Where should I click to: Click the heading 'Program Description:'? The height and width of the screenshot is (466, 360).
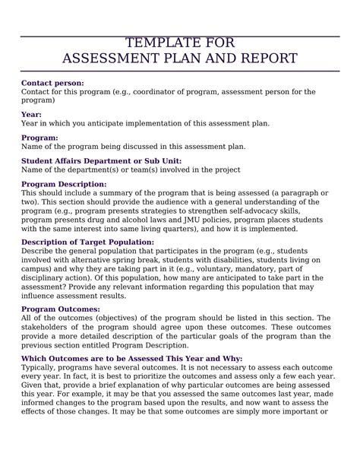coord(64,184)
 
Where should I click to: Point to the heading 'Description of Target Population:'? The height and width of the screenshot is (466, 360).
coord(87,242)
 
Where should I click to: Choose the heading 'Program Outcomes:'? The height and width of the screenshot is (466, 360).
coord(60,309)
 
